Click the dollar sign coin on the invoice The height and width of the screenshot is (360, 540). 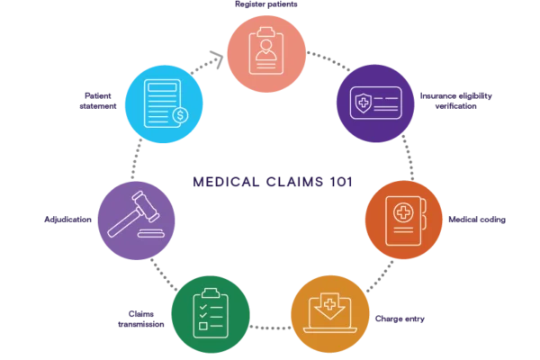tap(180, 115)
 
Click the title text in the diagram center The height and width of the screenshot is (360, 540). tap(267, 181)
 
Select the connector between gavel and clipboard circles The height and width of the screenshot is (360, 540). tap(162, 272)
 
